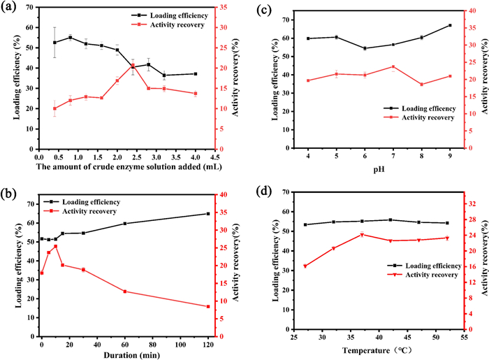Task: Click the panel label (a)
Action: click(10, 10)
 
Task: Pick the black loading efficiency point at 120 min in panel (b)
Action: click(207, 214)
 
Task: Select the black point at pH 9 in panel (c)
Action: click(450, 25)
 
